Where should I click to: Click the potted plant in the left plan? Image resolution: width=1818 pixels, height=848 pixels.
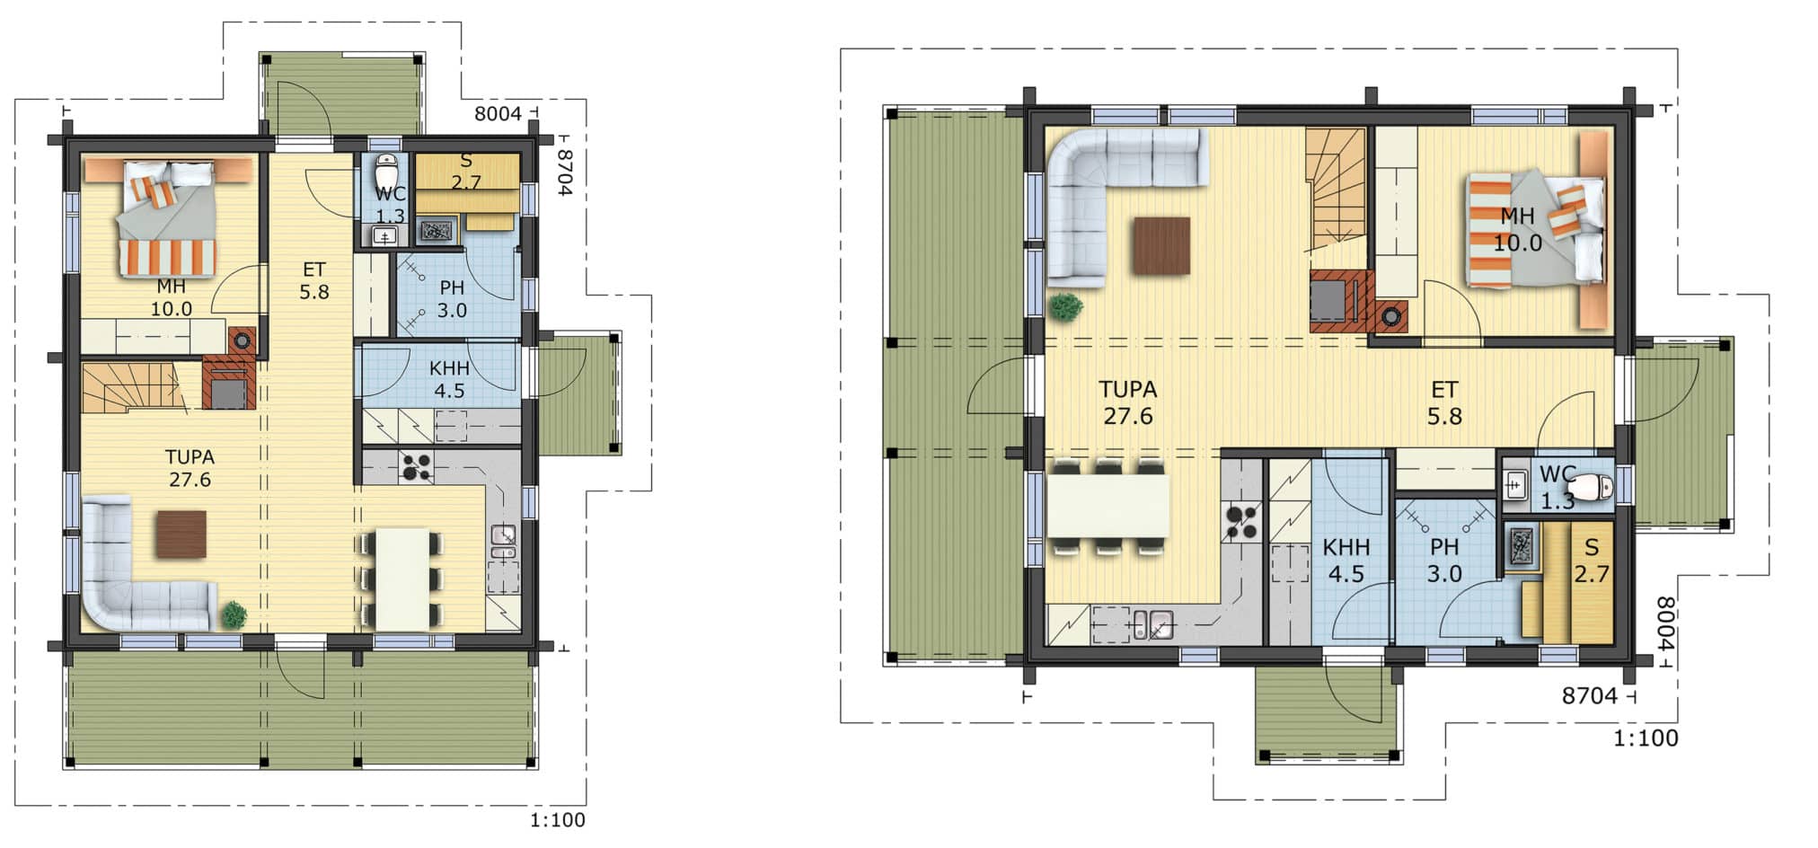click(234, 614)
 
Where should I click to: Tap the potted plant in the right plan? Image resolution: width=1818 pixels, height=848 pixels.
click(1065, 306)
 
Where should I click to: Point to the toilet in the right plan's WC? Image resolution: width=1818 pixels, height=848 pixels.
click(1596, 487)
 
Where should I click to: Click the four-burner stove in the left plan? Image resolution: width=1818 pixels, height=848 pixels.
click(416, 466)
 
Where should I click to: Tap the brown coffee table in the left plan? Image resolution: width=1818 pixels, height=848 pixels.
click(181, 534)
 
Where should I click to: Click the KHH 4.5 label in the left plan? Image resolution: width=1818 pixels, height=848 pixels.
click(449, 379)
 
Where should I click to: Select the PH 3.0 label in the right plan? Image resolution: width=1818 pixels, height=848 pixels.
click(1444, 561)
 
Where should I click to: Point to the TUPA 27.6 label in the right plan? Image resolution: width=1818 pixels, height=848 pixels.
click(1128, 402)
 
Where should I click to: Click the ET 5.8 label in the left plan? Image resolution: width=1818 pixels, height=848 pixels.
click(313, 280)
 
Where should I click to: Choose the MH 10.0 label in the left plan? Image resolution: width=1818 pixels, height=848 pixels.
click(171, 297)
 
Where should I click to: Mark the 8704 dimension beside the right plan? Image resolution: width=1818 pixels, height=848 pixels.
click(1590, 695)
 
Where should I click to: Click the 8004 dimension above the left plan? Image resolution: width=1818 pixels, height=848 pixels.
click(498, 114)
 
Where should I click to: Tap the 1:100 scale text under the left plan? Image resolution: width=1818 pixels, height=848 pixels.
click(557, 820)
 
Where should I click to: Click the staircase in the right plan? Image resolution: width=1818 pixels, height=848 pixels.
click(1337, 190)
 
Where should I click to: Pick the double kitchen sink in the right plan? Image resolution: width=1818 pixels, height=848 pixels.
click(1152, 624)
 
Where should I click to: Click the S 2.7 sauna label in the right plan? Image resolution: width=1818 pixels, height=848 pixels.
click(1592, 561)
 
